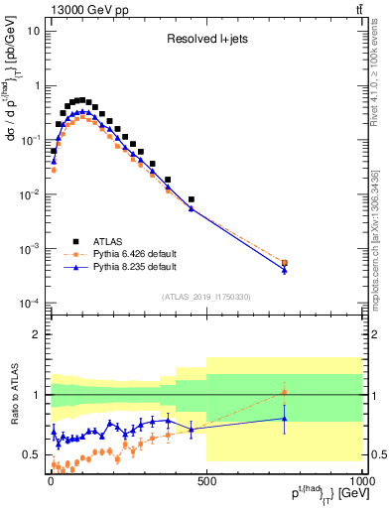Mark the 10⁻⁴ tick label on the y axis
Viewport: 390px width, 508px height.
click(x=30, y=303)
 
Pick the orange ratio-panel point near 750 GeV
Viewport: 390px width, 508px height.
click(x=284, y=393)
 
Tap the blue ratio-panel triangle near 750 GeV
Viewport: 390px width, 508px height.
click(x=284, y=419)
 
